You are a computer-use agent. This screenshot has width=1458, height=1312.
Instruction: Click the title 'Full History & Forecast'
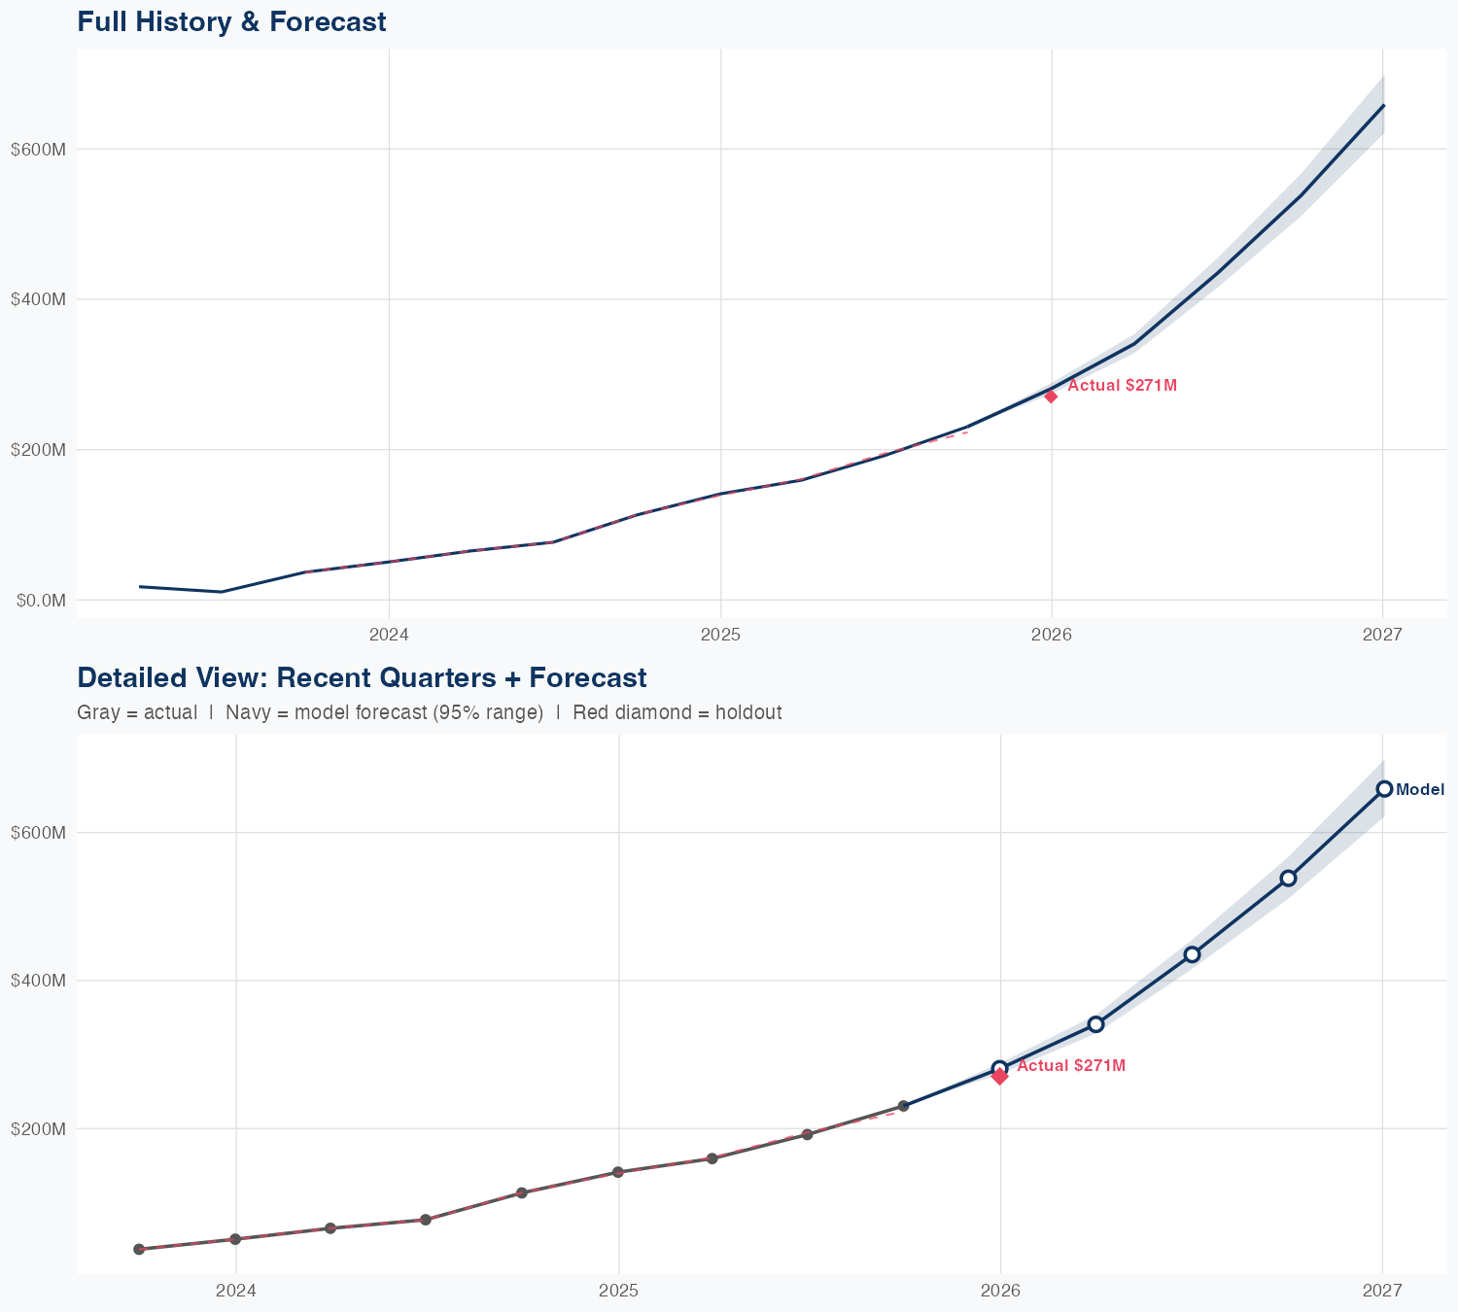click(x=231, y=21)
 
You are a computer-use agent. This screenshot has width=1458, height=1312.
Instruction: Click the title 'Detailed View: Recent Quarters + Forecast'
click(x=362, y=677)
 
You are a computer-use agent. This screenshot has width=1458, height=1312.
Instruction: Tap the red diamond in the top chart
click(x=1051, y=397)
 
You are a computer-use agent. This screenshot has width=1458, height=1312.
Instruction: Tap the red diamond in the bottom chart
click(x=999, y=1076)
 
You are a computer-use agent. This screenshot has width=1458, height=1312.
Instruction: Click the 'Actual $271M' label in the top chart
click(x=1122, y=386)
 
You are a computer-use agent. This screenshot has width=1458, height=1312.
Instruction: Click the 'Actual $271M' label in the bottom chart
click(x=1071, y=1066)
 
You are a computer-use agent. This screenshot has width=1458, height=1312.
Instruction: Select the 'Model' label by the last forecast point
click(x=1420, y=790)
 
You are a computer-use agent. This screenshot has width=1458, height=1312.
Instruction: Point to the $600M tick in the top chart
click(x=38, y=150)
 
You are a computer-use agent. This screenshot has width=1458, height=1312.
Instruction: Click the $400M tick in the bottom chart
click(x=38, y=981)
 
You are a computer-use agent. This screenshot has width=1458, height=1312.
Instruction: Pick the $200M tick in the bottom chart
click(x=38, y=1129)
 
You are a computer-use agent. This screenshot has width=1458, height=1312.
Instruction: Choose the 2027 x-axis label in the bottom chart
click(x=1382, y=1291)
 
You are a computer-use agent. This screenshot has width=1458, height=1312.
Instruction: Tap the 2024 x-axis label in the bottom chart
click(x=235, y=1291)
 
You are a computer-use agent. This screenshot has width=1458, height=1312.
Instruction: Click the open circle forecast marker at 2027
click(x=1384, y=789)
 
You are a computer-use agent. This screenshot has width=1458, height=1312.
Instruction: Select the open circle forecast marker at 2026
click(x=999, y=1068)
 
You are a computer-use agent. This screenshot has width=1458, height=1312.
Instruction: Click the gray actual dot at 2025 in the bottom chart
click(x=617, y=1172)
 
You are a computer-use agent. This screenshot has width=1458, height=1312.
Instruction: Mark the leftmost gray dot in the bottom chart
click(x=139, y=1249)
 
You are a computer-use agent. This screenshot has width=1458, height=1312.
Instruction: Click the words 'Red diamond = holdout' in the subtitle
click(x=677, y=713)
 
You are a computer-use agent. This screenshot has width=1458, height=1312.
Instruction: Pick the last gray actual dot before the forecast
click(x=903, y=1106)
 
